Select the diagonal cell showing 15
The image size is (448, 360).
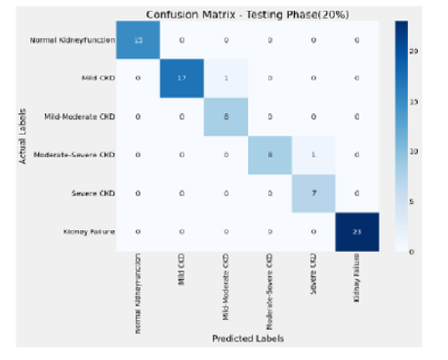tap(141, 40)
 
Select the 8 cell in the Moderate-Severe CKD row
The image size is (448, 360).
tap(269, 154)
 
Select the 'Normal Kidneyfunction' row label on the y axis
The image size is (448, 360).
tap(72, 40)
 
